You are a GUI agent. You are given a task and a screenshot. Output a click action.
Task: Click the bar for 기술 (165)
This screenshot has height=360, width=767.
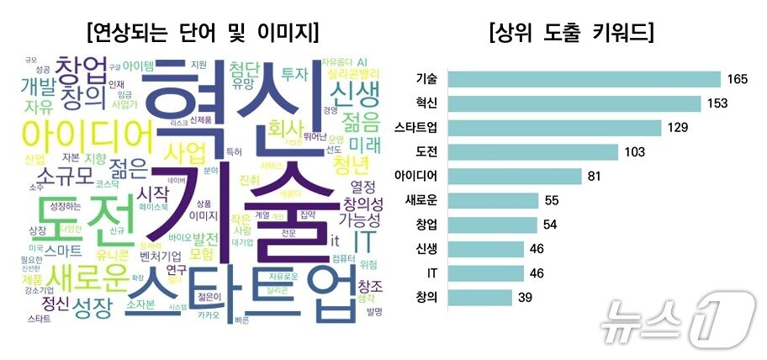pyautogui.click(x=585, y=79)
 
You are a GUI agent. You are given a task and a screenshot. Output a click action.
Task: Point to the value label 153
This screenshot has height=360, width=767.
pyautogui.click(x=718, y=103)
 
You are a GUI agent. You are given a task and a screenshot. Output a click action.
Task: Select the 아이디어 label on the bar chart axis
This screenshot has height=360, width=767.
pyautogui.click(x=415, y=177)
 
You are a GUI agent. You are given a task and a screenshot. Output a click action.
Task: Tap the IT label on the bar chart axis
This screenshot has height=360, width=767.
pyautogui.click(x=430, y=273)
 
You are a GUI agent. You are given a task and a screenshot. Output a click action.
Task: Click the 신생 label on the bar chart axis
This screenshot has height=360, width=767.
pyautogui.click(x=426, y=250)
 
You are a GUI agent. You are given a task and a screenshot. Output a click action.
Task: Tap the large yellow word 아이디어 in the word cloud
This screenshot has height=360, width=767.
pyautogui.click(x=87, y=135)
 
